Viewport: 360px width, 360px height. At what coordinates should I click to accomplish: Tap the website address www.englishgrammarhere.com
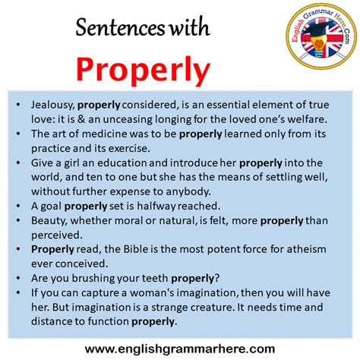(x=180, y=349)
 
